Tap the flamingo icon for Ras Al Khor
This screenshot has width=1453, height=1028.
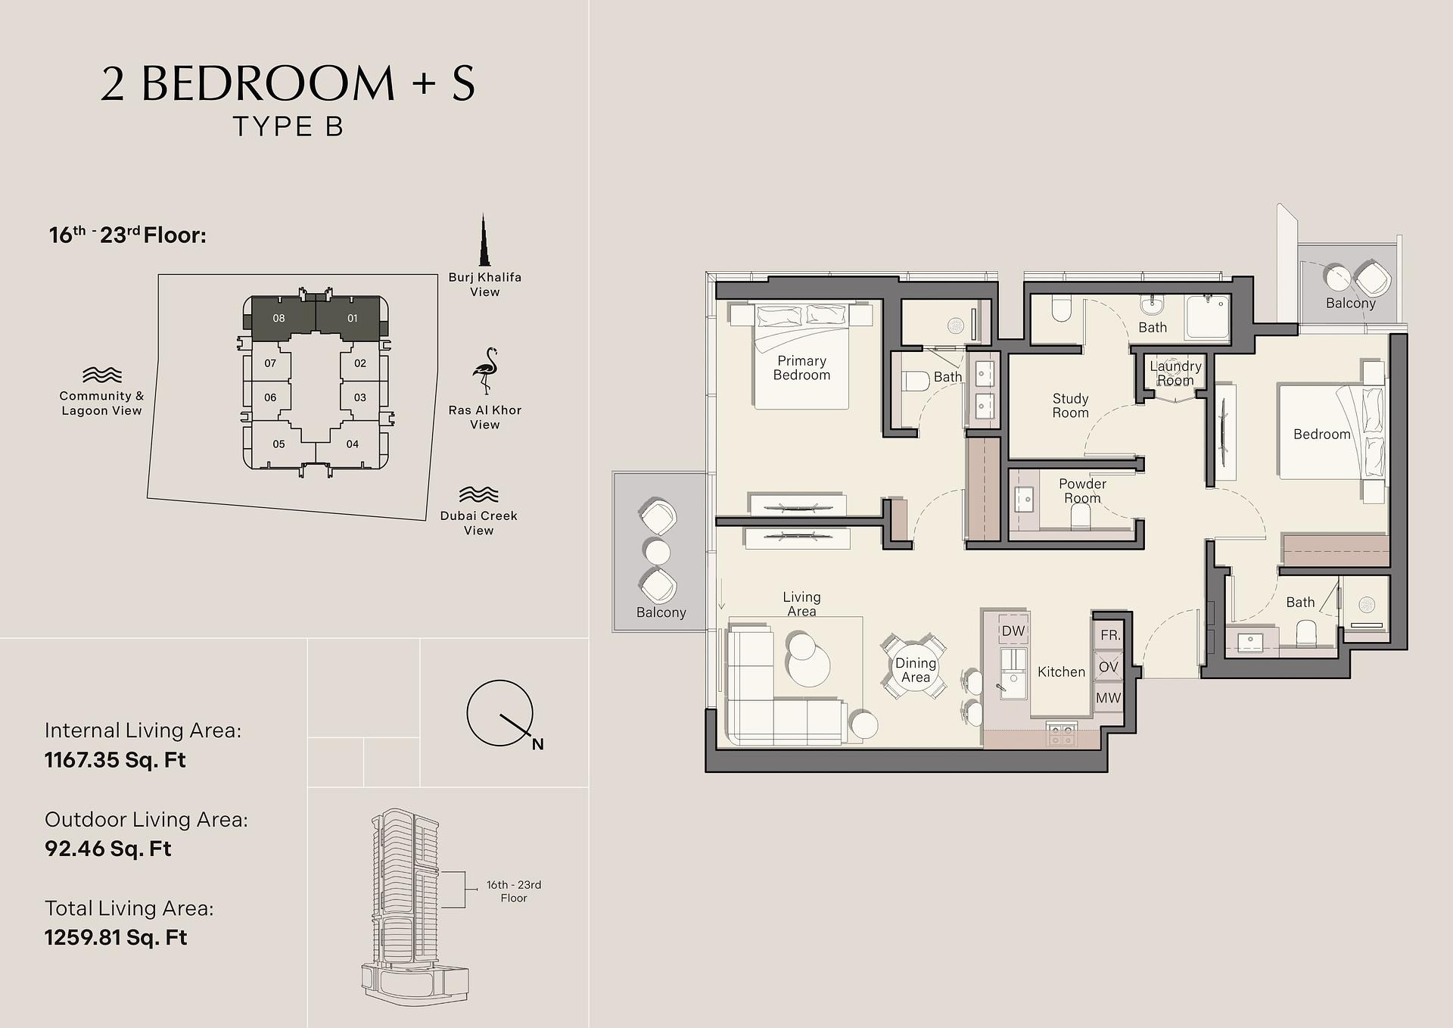[x=485, y=371]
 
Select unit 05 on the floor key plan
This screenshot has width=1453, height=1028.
[x=278, y=444]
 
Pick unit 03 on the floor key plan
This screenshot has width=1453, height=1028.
[x=360, y=397]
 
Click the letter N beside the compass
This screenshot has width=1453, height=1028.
[x=537, y=744]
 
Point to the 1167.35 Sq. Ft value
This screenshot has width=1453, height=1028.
[x=115, y=760]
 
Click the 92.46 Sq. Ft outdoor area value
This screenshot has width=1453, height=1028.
[x=108, y=849]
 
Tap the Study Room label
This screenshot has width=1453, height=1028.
[x=1070, y=406]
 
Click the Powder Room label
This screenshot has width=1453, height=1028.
[x=1082, y=491]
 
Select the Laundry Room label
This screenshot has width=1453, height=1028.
[x=1175, y=373]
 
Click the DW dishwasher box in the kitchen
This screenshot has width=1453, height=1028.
[x=1013, y=631]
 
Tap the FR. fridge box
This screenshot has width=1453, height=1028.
[x=1109, y=635]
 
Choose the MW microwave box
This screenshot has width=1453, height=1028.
[x=1108, y=698]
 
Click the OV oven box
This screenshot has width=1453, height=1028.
[x=1108, y=667]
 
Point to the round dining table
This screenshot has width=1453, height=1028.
[x=915, y=667]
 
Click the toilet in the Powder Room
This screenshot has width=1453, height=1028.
[x=1080, y=516]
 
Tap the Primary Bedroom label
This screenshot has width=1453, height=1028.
[x=801, y=368]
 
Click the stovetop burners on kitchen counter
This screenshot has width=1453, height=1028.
[x=1061, y=733]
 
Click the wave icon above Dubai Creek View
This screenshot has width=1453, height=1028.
[x=478, y=494]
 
